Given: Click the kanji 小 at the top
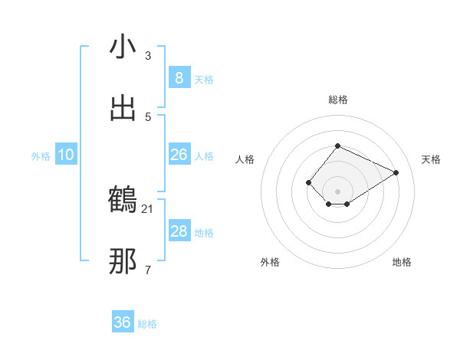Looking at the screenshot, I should coord(123,47).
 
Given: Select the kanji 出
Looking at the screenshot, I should coord(123,108).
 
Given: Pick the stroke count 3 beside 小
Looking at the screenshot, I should coord(148,56).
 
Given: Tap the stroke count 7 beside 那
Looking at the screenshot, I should coord(148,270).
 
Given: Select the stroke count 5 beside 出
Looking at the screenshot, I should coord(148,116).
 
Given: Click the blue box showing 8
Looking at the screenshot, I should coord(179,77).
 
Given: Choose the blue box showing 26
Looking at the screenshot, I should coord(179,155).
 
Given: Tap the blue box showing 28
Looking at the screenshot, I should coord(179,231).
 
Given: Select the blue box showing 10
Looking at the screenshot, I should coord(66,155).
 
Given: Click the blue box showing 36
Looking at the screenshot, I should coord(123,322).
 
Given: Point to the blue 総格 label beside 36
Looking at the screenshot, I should coord(147,324).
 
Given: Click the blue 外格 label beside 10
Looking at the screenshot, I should coord(41,156).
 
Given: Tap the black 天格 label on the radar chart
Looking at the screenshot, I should coord(432,159).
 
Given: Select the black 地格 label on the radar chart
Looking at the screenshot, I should coord(402,262).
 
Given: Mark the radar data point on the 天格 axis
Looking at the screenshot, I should coord(396,172).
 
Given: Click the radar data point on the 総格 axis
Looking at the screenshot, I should coord(337,146).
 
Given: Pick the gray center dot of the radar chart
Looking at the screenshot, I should coord(337,191).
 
